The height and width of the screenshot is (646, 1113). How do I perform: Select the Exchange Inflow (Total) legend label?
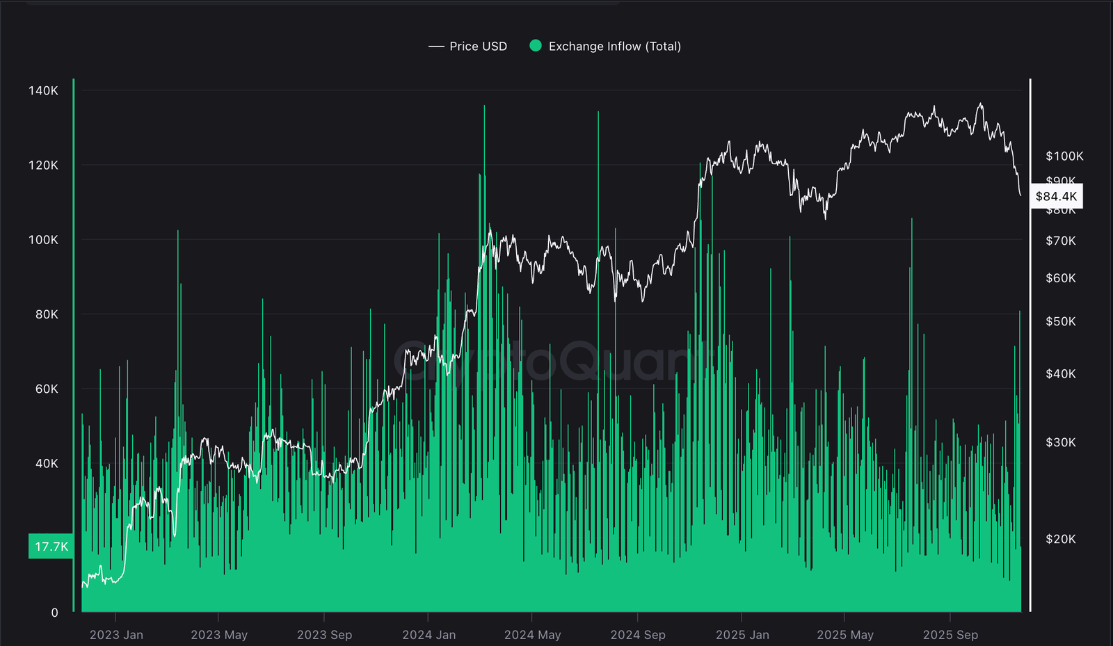(x=614, y=47)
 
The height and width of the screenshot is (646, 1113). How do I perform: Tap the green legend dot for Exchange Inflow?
(x=536, y=46)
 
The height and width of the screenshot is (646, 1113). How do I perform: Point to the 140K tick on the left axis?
(x=43, y=90)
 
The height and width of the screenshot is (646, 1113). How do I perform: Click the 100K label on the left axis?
(x=43, y=240)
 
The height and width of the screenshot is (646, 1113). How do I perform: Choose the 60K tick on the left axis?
(x=47, y=389)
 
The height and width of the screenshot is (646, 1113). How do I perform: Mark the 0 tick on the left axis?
(x=54, y=613)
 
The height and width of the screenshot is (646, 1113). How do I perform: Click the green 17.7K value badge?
(x=51, y=547)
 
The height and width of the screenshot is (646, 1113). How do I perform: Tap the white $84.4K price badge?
(x=1056, y=196)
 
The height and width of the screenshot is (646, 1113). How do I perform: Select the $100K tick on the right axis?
(x=1064, y=156)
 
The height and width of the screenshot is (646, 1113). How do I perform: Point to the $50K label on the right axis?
(x=1060, y=321)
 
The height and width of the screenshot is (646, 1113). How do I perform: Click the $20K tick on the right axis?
(x=1060, y=539)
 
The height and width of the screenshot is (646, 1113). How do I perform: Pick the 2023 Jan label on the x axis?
(x=116, y=635)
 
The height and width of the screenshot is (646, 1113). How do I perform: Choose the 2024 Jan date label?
(x=429, y=635)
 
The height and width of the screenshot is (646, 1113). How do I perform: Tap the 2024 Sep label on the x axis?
(x=638, y=635)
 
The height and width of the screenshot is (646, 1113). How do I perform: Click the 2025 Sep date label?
(x=950, y=635)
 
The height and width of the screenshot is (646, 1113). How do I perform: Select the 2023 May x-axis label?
(x=219, y=635)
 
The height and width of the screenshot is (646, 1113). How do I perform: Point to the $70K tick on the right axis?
(x=1060, y=241)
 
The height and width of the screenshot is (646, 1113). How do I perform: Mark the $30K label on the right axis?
(x=1060, y=442)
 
